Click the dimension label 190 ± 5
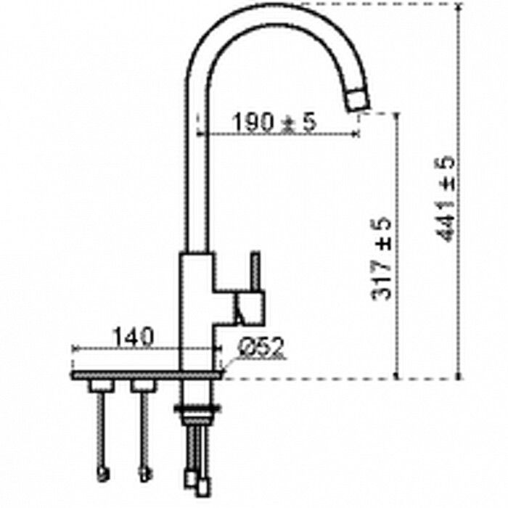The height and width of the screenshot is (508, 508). (274, 123)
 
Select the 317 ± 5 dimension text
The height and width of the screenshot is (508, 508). (382, 259)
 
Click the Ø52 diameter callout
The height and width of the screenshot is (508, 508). (261, 348)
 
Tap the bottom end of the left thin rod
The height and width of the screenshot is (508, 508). (101, 475)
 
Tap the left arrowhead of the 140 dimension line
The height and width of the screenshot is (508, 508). (75, 350)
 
